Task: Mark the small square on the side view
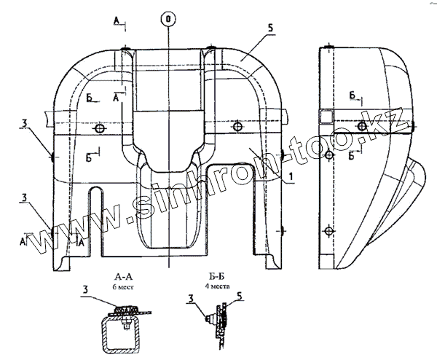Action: pos(327,117)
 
